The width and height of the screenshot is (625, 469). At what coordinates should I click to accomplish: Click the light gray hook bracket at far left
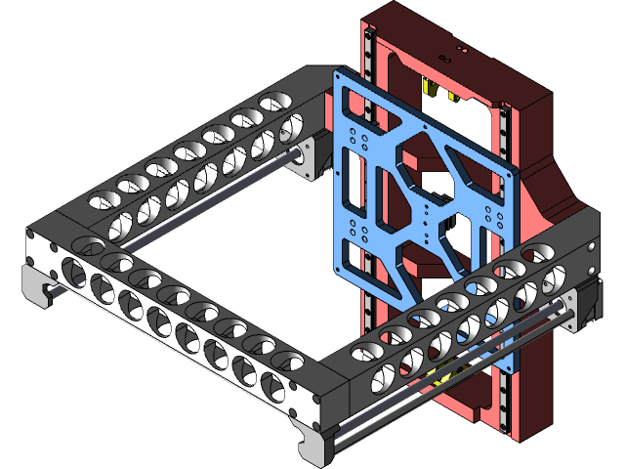(37, 283)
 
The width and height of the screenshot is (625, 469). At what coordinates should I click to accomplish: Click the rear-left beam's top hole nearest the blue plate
(275, 102)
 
